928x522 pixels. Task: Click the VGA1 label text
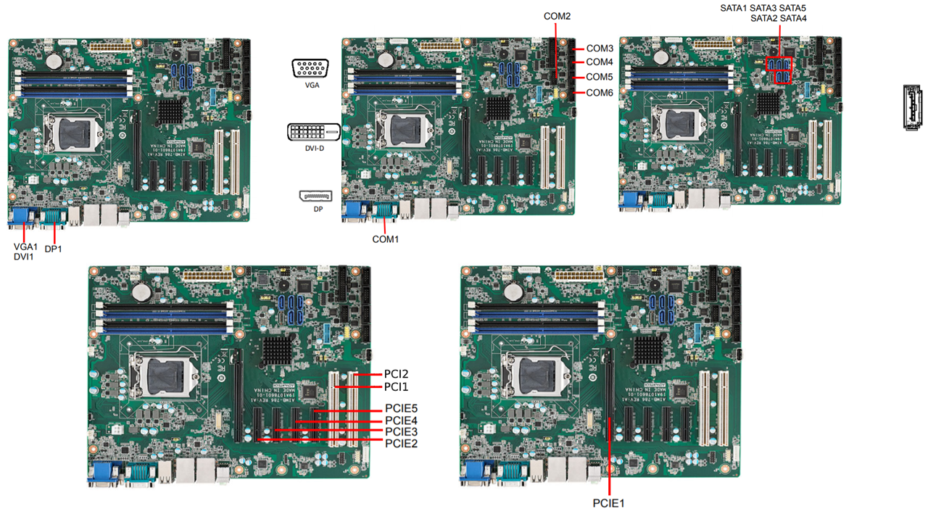click(25, 246)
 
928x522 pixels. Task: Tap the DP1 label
click(54, 249)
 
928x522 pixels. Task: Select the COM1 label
click(385, 239)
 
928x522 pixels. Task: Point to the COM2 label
click(557, 15)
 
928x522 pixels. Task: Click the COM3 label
click(600, 48)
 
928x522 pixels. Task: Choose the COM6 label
click(600, 92)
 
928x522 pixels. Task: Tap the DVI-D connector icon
click(313, 132)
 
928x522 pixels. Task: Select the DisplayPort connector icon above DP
click(315, 197)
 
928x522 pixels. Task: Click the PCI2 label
click(396, 374)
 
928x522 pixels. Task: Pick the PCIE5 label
click(401, 409)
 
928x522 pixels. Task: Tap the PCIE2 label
click(401, 443)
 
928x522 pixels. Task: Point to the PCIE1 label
click(608, 502)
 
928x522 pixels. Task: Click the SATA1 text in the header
click(733, 8)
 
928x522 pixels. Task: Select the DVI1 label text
click(24, 256)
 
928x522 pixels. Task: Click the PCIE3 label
click(401, 432)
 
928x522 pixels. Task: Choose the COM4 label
click(600, 62)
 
